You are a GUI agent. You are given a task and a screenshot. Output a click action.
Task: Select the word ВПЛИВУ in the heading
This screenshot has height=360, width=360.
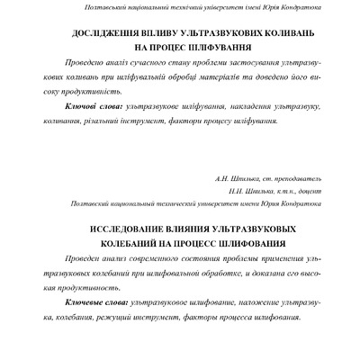[150, 32]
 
